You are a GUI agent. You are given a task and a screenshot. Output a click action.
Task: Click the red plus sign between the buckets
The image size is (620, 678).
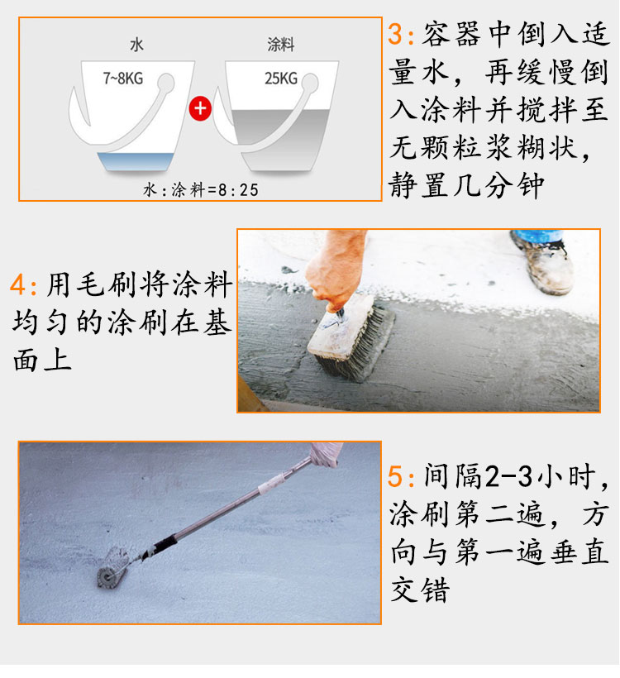point(200,108)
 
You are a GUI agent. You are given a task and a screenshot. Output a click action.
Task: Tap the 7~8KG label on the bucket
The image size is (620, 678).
point(123,79)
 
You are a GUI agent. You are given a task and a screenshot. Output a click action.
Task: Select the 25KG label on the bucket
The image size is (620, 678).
point(281,79)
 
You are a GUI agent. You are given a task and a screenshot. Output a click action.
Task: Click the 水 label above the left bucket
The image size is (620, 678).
point(136,45)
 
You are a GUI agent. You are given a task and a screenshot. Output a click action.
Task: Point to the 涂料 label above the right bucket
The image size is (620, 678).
point(280,44)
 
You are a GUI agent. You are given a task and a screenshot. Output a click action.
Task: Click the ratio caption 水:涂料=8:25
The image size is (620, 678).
point(201,190)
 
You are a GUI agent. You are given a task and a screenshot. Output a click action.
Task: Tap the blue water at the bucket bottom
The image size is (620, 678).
point(136,161)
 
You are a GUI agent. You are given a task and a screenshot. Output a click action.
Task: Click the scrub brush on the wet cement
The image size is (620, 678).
point(351,337)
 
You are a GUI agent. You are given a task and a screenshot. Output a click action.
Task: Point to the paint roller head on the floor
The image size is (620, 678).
point(112,568)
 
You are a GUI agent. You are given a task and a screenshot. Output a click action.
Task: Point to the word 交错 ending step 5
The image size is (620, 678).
point(420,590)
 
